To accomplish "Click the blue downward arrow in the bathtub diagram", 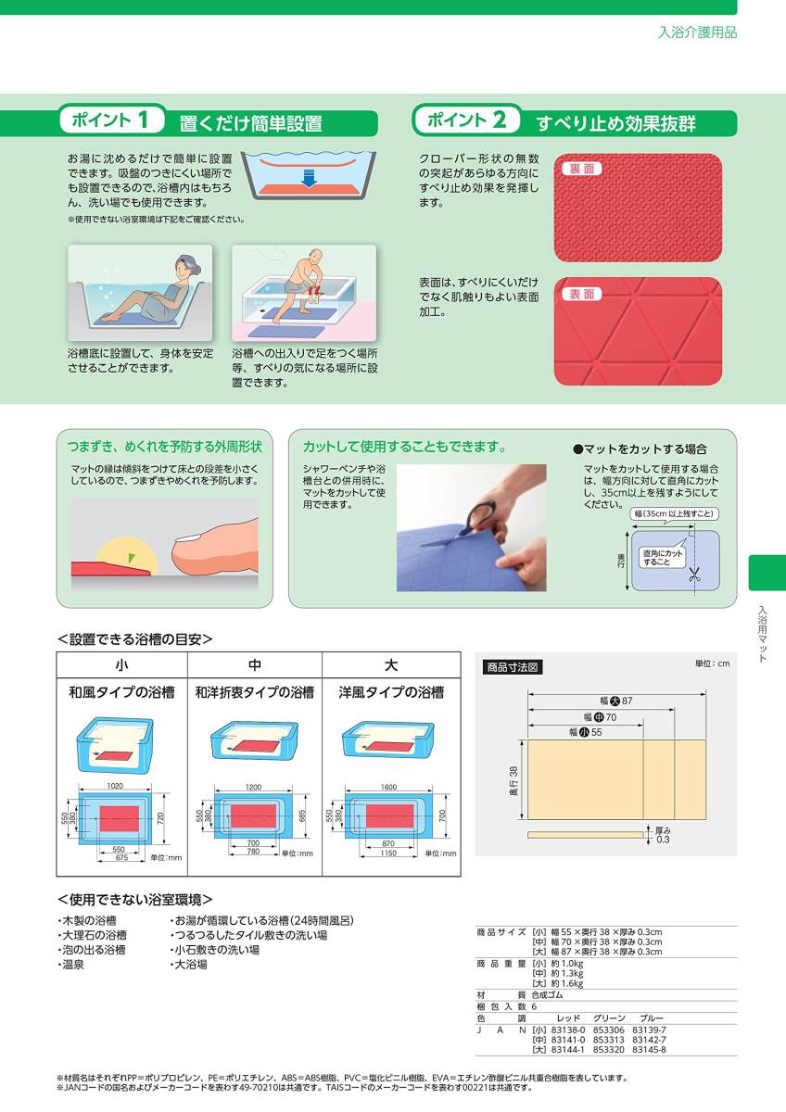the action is pyautogui.click(x=309, y=178).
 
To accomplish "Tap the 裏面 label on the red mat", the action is pyautogui.click(x=581, y=169).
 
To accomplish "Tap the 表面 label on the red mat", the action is pyautogui.click(x=581, y=294).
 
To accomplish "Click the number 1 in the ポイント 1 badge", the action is pyautogui.click(x=143, y=120).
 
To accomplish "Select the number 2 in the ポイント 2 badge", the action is pyautogui.click(x=499, y=120).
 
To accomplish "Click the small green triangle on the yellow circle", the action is pyautogui.click(x=131, y=558).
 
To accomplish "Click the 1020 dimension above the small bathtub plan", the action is pyautogui.click(x=115, y=786).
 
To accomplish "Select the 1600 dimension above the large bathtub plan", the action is pyautogui.click(x=388, y=787).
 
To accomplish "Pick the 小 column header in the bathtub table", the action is pyautogui.click(x=121, y=664).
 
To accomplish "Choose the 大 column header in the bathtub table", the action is pyautogui.click(x=391, y=664).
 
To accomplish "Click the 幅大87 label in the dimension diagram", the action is pyautogui.click(x=616, y=701).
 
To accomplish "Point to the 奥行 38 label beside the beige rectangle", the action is pyautogui.click(x=513, y=781).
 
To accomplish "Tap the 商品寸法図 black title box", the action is pyautogui.click(x=513, y=667).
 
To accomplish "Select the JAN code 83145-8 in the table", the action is pyautogui.click(x=649, y=1050).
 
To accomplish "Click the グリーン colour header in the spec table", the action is pyautogui.click(x=609, y=1018).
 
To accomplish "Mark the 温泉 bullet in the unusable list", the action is pyautogui.click(x=71, y=965).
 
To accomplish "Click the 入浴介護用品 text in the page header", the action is pyautogui.click(x=698, y=32).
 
